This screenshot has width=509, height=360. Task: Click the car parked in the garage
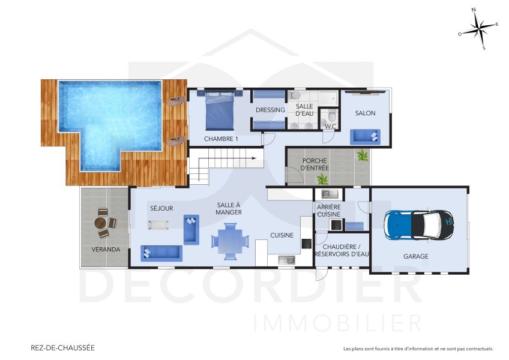click(420, 225)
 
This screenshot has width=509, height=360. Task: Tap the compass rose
click(478, 29)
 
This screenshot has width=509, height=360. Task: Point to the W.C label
click(330, 127)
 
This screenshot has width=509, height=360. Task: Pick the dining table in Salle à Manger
click(229, 241)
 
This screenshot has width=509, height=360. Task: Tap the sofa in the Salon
click(365, 136)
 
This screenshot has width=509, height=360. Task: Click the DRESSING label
click(270, 110)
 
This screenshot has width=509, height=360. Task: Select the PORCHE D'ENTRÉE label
click(315, 164)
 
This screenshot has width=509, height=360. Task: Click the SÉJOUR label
click(161, 208)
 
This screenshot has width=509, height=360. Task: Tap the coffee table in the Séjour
click(159, 225)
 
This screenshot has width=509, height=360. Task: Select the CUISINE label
click(282, 235)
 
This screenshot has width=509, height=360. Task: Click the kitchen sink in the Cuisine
click(286, 260)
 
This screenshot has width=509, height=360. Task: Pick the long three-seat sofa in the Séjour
click(161, 253)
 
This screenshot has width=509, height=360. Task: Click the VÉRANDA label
click(106, 249)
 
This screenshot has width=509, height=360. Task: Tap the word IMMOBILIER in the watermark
click(337, 323)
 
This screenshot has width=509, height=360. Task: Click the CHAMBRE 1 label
click(221, 139)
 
